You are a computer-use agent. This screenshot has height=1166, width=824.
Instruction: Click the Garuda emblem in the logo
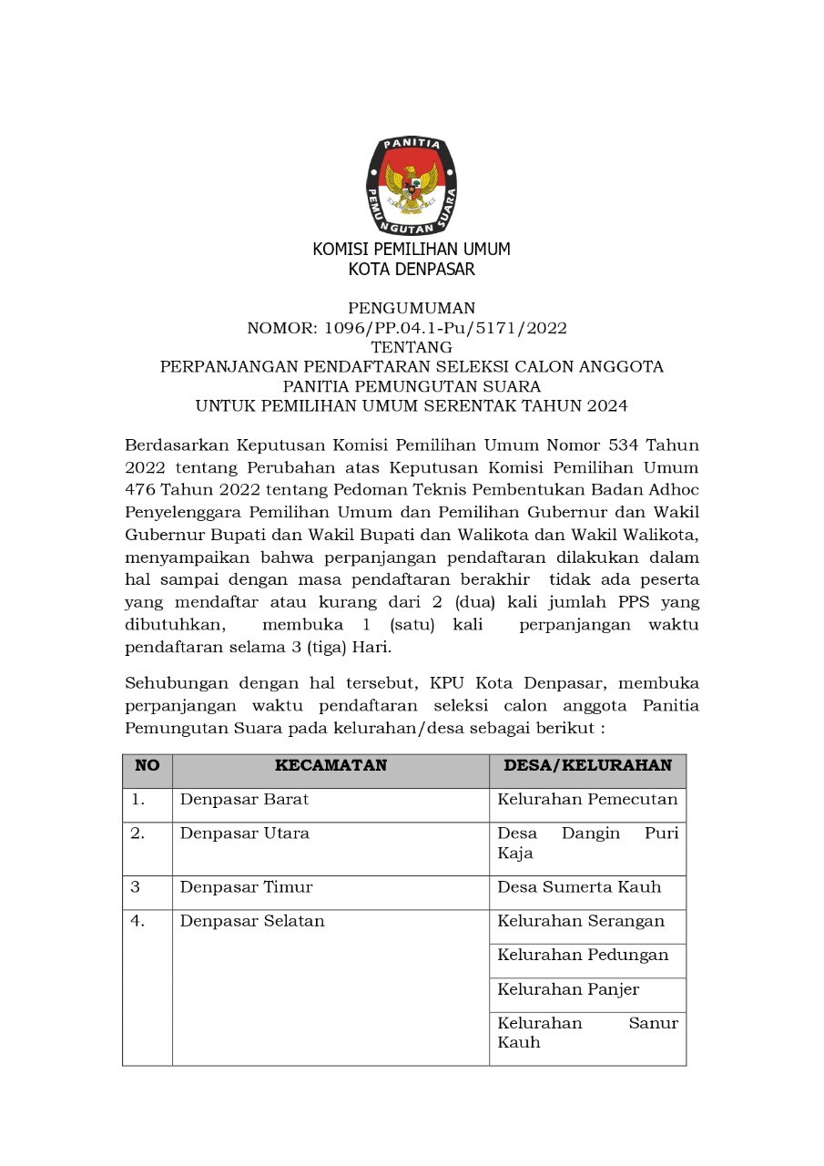(x=412, y=183)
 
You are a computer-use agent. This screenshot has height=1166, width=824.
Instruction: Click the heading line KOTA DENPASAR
(x=412, y=270)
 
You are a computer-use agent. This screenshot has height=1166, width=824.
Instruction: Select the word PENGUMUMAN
(x=412, y=309)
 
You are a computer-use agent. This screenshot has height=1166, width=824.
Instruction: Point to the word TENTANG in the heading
(x=412, y=347)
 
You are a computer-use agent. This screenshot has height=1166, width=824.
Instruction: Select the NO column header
(x=148, y=766)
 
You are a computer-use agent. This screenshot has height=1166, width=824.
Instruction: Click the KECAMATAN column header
(x=331, y=766)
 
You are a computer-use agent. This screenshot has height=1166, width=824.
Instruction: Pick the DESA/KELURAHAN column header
(x=587, y=766)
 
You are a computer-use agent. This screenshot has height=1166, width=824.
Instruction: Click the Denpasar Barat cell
(x=244, y=800)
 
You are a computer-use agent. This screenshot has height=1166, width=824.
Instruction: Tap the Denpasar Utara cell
(x=244, y=834)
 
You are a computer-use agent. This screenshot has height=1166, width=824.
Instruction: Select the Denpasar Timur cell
(x=246, y=887)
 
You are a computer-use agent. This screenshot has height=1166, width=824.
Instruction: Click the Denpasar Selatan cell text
(x=252, y=921)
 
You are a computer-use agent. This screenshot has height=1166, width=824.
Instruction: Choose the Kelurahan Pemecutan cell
(x=587, y=800)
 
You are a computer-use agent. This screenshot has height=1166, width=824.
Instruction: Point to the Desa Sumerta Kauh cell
(x=579, y=887)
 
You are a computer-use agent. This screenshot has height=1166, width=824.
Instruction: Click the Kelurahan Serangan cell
(x=581, y=921)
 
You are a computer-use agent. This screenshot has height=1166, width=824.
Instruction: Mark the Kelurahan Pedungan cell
(x=583, y=955)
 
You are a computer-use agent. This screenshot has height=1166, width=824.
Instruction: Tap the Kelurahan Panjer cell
(x=568, y=989)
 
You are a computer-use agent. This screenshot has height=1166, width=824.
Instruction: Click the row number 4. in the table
(x=137, y=921)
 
